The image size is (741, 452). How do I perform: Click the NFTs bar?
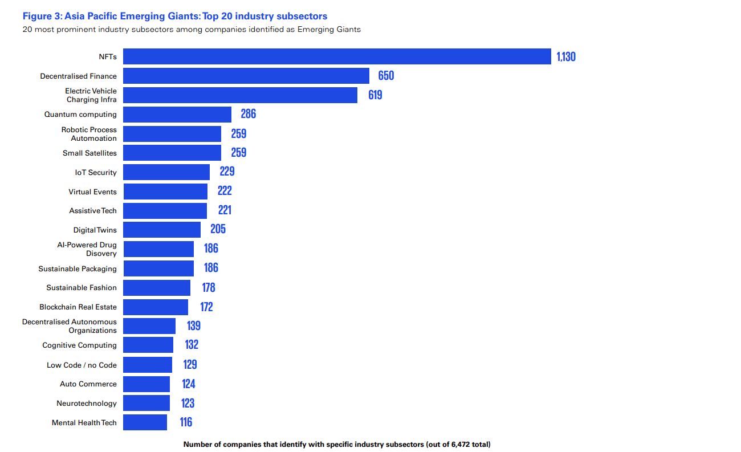point(337,56)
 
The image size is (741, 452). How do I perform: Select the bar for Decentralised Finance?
point(246,76)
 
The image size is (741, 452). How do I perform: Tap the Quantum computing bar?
point(177,114)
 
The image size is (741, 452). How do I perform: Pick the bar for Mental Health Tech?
point(145,422)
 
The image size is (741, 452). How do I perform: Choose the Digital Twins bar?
point(162,230)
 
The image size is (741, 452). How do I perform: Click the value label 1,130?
point(566,56)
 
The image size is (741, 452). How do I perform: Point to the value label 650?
point(386,76)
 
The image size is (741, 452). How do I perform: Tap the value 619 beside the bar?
point(375,95)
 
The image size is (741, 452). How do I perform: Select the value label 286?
point(248,114)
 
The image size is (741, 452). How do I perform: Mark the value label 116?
point(186,422)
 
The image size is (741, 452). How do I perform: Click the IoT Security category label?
point(96,172)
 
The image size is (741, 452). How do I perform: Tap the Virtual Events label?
point(92,192)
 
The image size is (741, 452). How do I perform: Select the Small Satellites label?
point(89,153)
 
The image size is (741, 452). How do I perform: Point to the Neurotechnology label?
point(87,403)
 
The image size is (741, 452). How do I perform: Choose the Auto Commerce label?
point(88,384)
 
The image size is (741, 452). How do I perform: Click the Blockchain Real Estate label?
point(78,307)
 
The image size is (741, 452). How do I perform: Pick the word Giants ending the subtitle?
point(347,29)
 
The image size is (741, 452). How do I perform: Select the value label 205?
point(218,229)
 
